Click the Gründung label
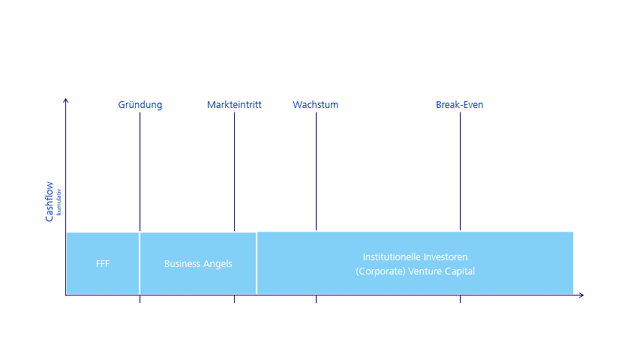click(140, 105)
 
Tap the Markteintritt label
click(234, 105)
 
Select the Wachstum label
click(315, 105)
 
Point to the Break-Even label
click(459, 105)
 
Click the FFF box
click(103, 264)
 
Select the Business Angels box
click(198, 264)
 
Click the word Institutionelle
click(391, 256)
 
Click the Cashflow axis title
click(50, 201)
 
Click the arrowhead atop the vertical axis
click(66, 100)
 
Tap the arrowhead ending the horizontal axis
click(581, 295)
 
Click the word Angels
click(218, 264)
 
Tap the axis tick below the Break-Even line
click(460, 299)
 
